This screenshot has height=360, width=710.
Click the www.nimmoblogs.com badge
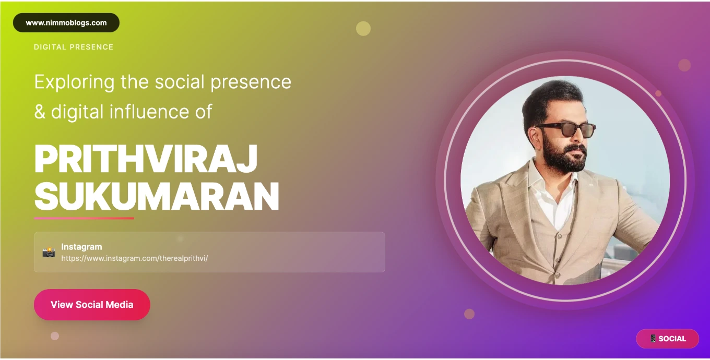click(66, 23)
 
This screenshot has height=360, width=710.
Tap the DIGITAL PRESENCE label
click(74, 47)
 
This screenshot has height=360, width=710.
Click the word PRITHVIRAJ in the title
click(146, 159)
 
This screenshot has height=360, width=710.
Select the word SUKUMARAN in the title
click(157, 196)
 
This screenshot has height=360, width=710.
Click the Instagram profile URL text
click(135, 258)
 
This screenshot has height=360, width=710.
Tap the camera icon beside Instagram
click(49, 252)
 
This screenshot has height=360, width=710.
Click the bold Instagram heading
click(81, 247)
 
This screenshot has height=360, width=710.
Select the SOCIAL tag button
click(667, 339)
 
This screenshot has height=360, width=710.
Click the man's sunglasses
click(566, 129)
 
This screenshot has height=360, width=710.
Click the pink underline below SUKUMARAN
click(84, 218)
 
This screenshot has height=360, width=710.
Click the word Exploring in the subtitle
click(74, 82)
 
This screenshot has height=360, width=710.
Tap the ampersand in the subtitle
click(40, 112)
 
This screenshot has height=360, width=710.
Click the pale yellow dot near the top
click(363, 29)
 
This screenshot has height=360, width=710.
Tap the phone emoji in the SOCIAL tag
click(653, 339)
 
